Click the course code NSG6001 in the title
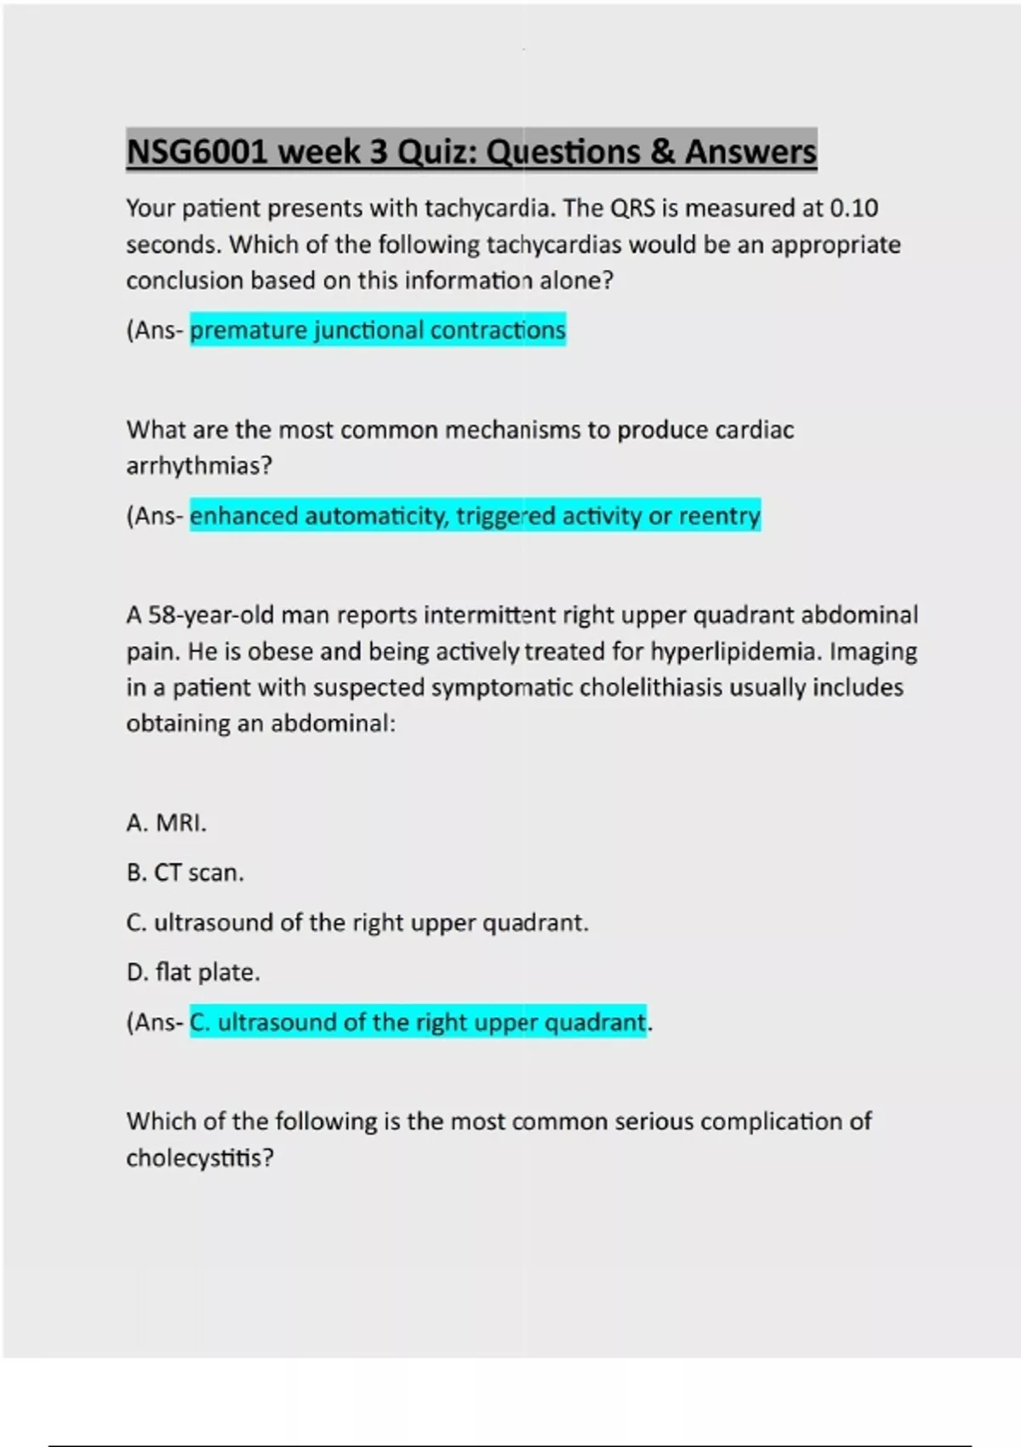[197, 152]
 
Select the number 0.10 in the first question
[853, 209]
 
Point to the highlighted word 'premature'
[248, 330]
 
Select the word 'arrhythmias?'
[199, 466]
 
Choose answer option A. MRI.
[166, 823]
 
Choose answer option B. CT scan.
[185, 873]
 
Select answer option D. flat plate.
[193, 972]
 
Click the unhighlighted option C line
[357, 923]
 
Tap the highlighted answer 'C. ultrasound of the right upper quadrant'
[417, 1022]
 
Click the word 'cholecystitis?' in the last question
[200, 1158]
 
